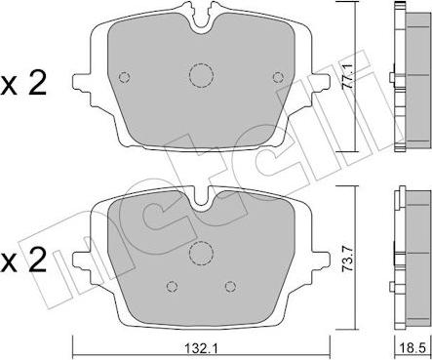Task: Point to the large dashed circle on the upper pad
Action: [202, 76]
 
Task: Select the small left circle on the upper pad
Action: [124, 79]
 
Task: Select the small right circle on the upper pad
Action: [279, 79]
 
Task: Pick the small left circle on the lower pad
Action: [172, 285]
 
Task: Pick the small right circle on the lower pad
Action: [231, 285]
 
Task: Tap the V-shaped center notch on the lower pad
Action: [203, 203]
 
